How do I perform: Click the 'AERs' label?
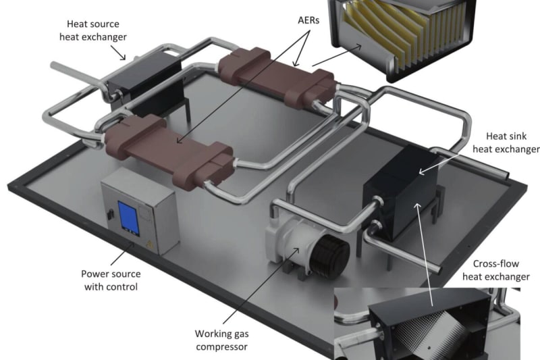308,20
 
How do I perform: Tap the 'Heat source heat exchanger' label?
93,30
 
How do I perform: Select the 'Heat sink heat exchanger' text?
506,143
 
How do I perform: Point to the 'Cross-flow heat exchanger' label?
496,270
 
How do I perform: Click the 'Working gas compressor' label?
221,340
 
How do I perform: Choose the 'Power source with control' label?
111,280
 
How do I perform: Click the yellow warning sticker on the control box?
149,245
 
